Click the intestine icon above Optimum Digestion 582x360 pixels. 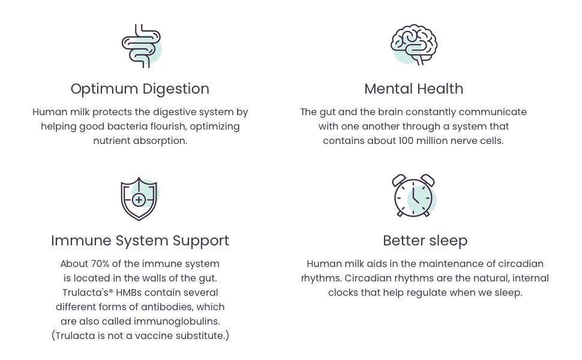tap(141, 46)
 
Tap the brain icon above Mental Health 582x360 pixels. tap(414, 44)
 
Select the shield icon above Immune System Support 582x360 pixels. tap(139, 199)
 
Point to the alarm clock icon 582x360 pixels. tap(413, 196)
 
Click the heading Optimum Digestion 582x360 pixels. tap(140, 89)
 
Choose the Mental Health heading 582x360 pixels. tap(413, 89)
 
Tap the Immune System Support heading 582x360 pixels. tap(140, 241)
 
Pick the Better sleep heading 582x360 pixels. tap(425, 241)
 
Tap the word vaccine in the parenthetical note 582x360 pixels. tap(152, 336)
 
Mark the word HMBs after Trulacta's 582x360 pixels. tap(128, 293)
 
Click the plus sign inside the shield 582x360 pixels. tap(139, 200)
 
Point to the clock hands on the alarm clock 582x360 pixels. tap(415, 195)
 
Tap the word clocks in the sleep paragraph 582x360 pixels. tap(343, 293)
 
